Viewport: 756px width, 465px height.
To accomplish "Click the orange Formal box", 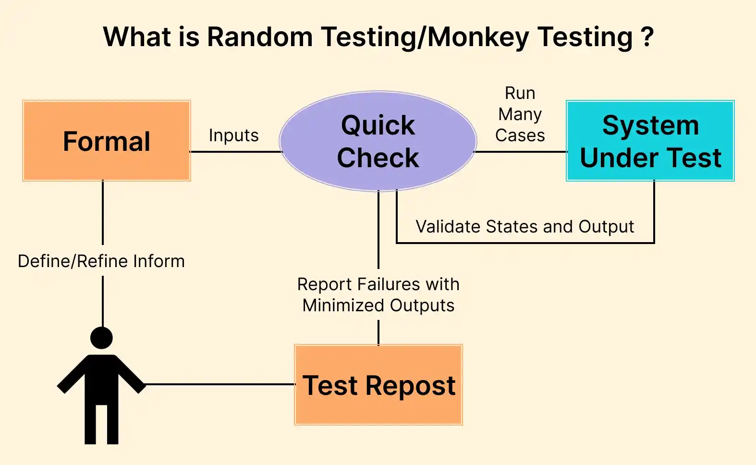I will [106, 141].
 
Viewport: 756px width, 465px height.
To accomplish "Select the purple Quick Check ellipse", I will [378, 141].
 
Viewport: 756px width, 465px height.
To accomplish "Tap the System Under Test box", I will [650, 141].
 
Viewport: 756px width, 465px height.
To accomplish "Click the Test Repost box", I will [378, 385].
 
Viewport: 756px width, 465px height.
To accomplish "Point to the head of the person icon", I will [101, 338].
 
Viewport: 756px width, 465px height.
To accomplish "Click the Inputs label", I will [233, 135].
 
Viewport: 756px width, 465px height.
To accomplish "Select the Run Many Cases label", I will [520, 114].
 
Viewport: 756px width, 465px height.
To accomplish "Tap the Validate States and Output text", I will [524, 226].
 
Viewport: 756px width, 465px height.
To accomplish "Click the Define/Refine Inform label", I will [101, 261].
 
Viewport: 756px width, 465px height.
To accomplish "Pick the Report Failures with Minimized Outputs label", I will [378, 294].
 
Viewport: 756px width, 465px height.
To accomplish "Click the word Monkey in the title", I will [477, 37].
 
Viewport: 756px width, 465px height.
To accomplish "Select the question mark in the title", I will [647, 37].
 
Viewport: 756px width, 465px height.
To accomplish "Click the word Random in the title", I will [260, 37].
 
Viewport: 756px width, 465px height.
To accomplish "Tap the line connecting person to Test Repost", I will [219, 384].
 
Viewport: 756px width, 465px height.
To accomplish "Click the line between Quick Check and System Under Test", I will [521, 152].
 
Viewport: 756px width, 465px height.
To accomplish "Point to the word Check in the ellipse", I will [378, 158].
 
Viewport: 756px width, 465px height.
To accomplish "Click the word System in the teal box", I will [650, 125].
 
